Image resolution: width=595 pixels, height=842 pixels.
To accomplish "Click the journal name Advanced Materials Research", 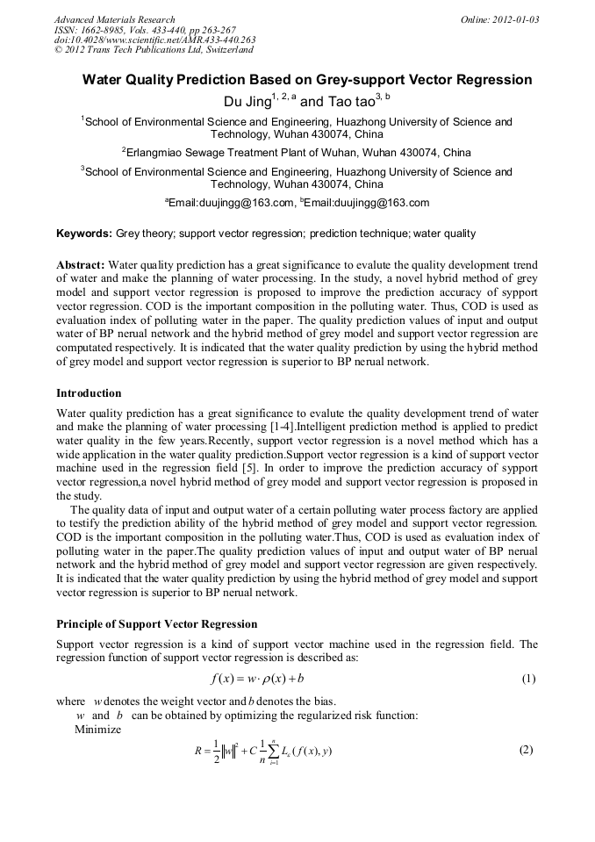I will click(114, 19).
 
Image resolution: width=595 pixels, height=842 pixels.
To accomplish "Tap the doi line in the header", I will click(154, 40).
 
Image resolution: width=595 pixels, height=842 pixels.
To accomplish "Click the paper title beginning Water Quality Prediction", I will click(307, 80).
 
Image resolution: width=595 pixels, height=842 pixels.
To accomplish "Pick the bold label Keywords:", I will click(84, 234).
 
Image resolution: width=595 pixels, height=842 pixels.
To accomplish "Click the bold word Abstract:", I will click(81, 265).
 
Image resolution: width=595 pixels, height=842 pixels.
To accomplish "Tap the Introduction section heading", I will click(89, 392).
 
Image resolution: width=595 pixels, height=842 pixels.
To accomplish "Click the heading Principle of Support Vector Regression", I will click(156, 624).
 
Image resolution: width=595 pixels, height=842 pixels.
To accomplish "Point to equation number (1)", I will click(528, 679).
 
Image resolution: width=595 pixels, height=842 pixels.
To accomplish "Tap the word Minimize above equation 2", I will click(98, 729).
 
